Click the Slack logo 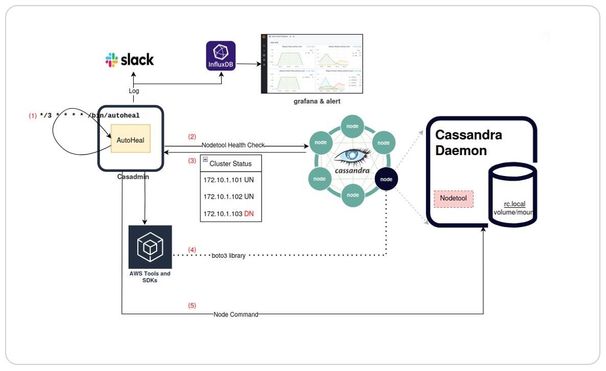click(130, 60)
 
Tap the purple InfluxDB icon click(221, 56)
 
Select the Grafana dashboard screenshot click(312, 64)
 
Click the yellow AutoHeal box click(132, 139)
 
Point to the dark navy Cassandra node click(386, 179)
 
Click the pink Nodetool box click(453, 199)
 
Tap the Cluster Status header click(231, 163)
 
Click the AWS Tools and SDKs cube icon click(150, 247)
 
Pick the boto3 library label click(229, 256)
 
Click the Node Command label click(236, 314)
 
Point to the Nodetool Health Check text click(233, 145)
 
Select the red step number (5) click(192, 306)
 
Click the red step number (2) click(192, 137)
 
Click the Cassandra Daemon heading click(468, 143)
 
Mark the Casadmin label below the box click(131, 177)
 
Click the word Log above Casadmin click(134, 91)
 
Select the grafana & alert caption click(316, 102)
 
